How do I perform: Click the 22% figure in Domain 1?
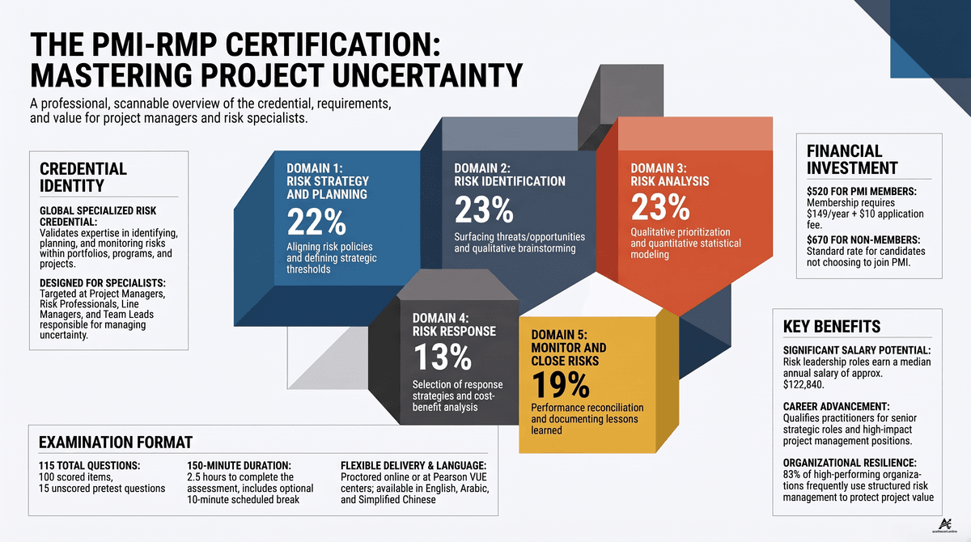[x=316, y=222]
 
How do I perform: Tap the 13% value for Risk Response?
[x=442, y=357]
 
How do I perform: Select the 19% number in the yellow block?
[x=561, y=385]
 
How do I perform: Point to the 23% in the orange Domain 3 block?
[x=660, y=206]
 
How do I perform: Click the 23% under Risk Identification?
[x=484, y=210]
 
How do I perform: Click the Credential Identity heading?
[x=83, y=177]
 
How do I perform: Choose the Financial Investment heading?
[x=852, y=159]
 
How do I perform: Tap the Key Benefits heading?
[x=832, y=326]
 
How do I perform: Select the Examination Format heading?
[x=115, y=442]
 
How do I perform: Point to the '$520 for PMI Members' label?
[x=862, y=191]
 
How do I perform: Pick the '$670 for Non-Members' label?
[x=863, y=239]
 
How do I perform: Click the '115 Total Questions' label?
[x=89, y=465]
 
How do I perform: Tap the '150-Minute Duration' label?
[x=240, y=465]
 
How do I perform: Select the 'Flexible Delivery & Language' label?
[x=413, y=465]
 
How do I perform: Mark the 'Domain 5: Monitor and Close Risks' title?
[x=569, y=348]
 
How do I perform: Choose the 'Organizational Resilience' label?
[x=850, y=463]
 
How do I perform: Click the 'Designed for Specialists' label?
[x=103, y=283]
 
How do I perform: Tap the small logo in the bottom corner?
[x=944, y=526]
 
